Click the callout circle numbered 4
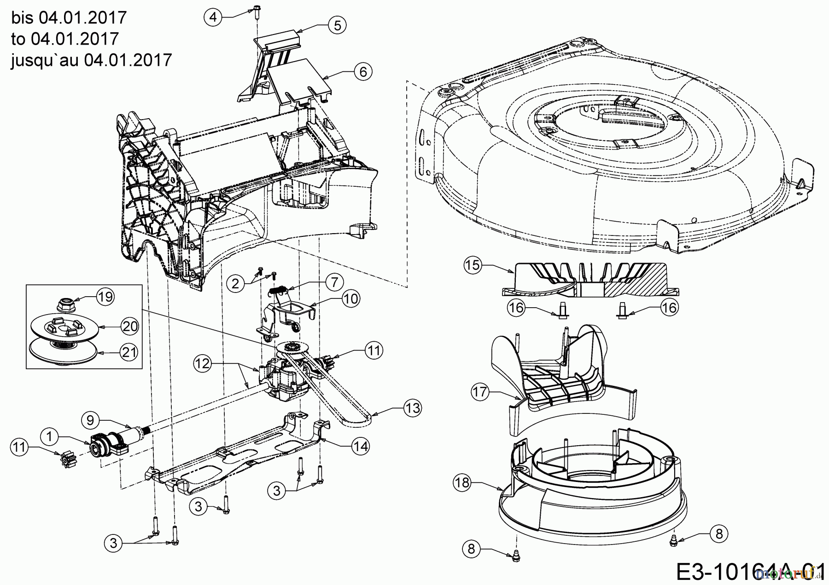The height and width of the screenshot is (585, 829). [213, 17]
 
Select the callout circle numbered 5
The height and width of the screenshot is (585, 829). [337, 25]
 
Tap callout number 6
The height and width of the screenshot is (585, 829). [363, 72]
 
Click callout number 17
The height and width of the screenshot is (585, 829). [480, 392]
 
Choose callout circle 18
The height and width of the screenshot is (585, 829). [462, 482]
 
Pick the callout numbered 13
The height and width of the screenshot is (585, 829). [413, 408]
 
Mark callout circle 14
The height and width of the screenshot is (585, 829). [362, 446]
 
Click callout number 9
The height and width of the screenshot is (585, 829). [90, 420]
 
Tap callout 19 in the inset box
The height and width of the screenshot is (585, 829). [105, 297]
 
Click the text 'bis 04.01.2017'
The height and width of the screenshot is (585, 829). [69, 17]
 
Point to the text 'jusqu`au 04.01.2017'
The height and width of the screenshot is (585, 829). [91, 60]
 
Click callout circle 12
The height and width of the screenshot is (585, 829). [202, 364]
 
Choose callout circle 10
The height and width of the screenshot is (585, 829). [350, 299]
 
